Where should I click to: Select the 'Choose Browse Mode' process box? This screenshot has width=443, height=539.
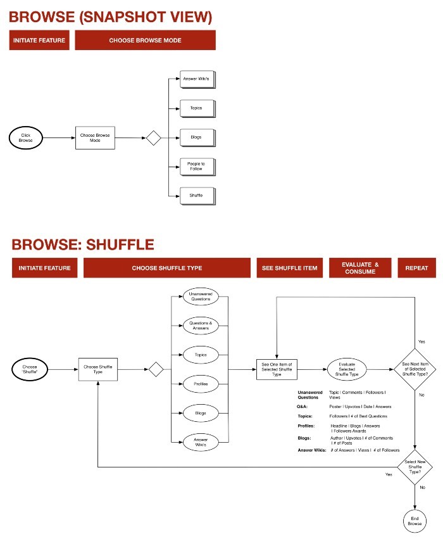96,137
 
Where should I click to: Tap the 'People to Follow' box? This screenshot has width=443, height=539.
196,167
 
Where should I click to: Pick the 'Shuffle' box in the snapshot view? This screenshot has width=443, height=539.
196,196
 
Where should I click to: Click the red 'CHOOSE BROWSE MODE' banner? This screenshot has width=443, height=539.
145,41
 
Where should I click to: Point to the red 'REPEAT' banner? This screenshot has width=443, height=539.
417,268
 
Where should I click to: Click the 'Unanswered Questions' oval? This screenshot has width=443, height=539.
201,296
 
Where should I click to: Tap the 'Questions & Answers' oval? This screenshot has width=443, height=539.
201,326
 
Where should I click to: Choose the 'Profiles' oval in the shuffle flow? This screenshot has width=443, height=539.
201,384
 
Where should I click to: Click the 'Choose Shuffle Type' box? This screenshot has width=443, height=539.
98,369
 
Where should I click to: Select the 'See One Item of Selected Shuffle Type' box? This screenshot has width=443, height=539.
277,369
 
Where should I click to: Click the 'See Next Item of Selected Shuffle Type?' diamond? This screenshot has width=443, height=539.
415,369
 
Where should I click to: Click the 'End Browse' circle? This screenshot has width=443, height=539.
415,521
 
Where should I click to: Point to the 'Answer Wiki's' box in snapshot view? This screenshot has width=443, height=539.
196,79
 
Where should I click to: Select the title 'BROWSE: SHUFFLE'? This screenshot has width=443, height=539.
83,244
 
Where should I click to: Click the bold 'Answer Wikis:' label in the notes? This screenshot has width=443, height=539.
312,450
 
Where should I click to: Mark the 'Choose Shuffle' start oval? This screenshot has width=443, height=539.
30,369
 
